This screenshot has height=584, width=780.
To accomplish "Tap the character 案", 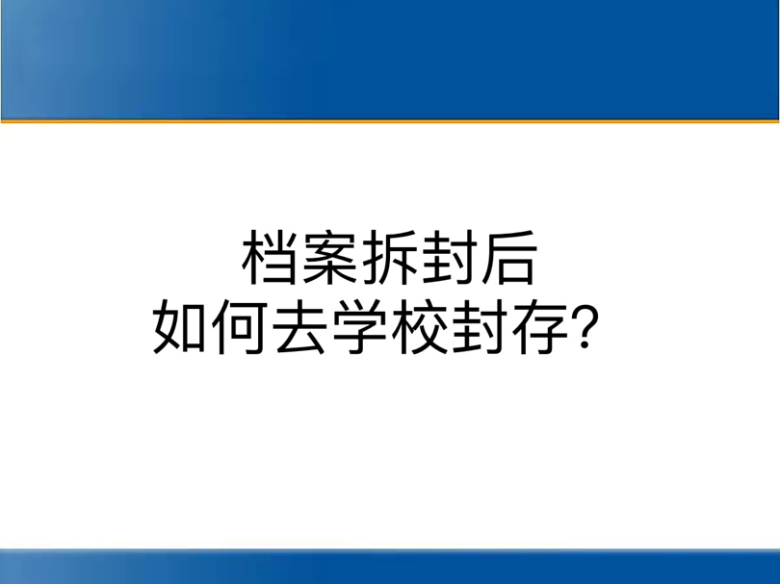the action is tap(329, 258).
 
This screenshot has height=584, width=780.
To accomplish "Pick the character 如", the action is tap(179, 326).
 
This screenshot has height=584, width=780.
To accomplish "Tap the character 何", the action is tap(239, 326).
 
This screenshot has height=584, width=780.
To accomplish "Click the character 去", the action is tap(299, 326).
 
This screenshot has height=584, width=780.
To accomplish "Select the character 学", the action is tap(359, 326).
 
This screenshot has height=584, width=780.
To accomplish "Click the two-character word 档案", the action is tap(299, 258).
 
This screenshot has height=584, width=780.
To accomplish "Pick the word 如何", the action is tap(209, 326).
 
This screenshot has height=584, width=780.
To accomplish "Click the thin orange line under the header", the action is tap(390, 121).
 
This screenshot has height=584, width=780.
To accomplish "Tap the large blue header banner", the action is tap(390, 60).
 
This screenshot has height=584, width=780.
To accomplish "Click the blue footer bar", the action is tap(390, 567).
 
